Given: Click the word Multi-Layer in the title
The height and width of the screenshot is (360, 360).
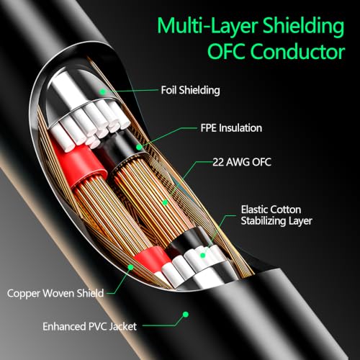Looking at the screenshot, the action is click(208, 26).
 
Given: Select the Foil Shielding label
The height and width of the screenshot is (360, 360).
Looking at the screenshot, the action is click(190, 90).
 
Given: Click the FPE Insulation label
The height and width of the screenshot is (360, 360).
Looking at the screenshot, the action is click(231, 128).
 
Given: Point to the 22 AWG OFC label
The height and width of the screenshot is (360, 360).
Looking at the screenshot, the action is click(242, 162).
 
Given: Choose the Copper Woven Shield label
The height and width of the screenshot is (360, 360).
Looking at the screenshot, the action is click(55, 293).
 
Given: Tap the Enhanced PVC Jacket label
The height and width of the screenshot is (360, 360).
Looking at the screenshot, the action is click(90, 327).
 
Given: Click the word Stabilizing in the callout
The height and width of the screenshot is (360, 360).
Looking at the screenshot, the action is click(264, 221).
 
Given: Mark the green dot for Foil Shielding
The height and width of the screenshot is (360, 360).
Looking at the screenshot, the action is click(103, 91).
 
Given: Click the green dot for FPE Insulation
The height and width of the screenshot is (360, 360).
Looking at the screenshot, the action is click(139, 147).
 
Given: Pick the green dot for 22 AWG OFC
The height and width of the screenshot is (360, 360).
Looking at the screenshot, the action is click(165, 202).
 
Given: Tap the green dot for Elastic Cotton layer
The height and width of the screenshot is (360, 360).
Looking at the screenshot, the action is click(203, 255).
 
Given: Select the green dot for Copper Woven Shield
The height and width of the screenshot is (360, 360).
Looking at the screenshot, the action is click(130, 267).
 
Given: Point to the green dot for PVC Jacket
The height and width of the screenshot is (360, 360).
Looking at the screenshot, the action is click(186, 314).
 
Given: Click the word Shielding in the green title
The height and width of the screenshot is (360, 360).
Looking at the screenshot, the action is click(304, 27).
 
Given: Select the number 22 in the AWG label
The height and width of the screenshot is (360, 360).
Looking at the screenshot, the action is click(218, 162).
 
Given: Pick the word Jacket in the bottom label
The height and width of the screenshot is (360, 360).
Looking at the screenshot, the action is click(122, 327).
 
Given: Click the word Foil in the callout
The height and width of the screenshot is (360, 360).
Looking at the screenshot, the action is click(169, 90).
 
